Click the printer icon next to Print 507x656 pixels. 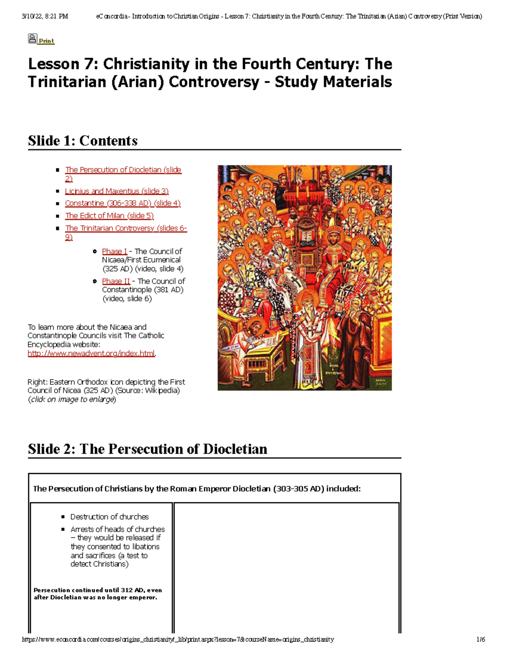pos(33,39)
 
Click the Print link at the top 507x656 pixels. pos(46,41)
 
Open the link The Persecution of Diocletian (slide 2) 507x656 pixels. pos(123,170)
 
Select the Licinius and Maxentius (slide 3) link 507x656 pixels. pos(117,191)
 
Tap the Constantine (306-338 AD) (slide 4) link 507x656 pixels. pos(123,203)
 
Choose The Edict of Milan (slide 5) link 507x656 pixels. pos(109,216)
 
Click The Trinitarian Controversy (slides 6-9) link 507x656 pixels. pos(125,228)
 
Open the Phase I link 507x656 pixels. pos(114,251)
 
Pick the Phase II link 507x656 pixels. pos(116,281)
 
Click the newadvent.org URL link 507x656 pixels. pos(91,354)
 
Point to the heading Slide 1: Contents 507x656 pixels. pos(83,141)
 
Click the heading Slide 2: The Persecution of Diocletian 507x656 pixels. pos(147,449)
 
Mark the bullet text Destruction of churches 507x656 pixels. pos(109,517)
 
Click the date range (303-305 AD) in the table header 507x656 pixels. pos(299,489)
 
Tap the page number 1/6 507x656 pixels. pos(480,640)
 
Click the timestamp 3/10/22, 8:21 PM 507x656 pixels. pos(45,16)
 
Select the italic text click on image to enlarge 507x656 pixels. pos(72,400)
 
